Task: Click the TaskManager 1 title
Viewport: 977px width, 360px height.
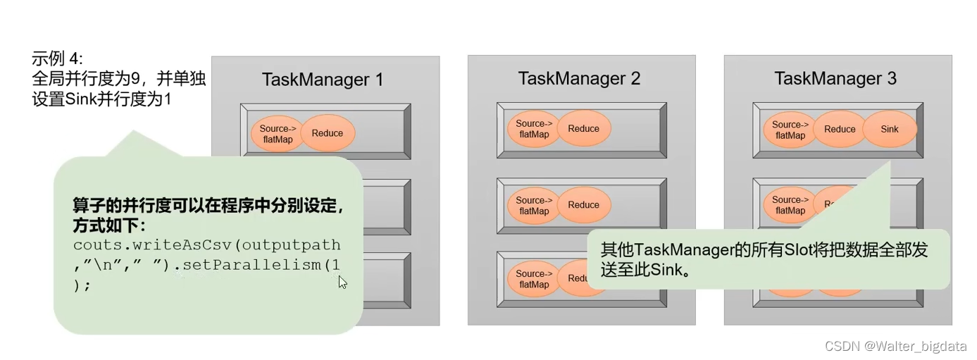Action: click(322, 80)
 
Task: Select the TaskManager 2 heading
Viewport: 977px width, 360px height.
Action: click(579, 78)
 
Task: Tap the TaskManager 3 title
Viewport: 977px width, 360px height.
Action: click(835, 78)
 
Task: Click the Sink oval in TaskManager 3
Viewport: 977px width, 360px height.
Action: click(890, 129)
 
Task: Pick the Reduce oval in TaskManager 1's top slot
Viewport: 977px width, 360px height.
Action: click(328, 132)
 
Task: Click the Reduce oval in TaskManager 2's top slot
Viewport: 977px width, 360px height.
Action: click(583, 128)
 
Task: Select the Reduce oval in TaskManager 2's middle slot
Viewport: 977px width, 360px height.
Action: click(583, 204)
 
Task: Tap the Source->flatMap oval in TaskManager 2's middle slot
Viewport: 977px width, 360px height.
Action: click(533, 205)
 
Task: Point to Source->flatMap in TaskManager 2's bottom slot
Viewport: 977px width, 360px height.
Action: click(533, 279)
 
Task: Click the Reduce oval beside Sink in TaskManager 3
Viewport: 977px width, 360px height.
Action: click(840, 129)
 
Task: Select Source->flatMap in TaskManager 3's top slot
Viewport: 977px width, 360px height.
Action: click(788, 130)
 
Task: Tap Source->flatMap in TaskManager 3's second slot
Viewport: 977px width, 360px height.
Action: click(788, 204)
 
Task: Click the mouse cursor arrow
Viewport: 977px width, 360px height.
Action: click(342, 282)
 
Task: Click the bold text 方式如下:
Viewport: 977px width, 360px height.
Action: click(108, 226)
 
